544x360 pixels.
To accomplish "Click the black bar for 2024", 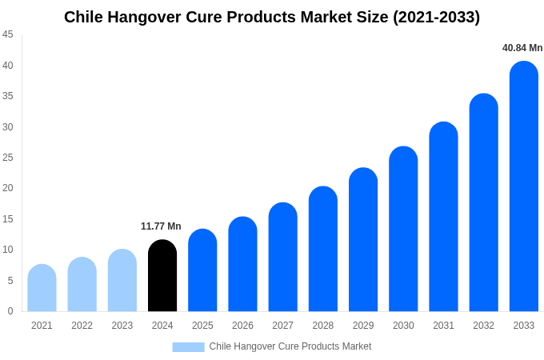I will click(x=162, y=276).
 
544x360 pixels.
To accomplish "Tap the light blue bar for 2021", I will click(x=42, y=288).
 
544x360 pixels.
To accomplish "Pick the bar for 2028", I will click(x=322, y=249).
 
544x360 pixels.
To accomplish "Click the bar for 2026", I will click(x=242, y=264).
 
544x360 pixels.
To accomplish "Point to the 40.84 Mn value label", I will click(x=522, y=48).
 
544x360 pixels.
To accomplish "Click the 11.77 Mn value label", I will click(x=161, y=226).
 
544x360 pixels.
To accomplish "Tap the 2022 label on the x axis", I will click(x=82, y=326).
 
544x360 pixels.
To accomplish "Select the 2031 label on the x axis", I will click(x=443, y=326).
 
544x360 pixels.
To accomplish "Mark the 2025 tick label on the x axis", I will click(x=202, y=326).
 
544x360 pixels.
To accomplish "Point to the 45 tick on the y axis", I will click(x=8, y=34).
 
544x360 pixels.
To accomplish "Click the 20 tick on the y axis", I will click(x=8, y=188).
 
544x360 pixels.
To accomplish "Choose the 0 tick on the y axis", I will click(x=10, y=311).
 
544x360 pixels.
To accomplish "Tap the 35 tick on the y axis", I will click(x=8, y=96).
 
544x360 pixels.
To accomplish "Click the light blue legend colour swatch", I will click(x=188, y=347).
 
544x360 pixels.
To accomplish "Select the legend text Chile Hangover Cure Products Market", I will click(x=290, y=346).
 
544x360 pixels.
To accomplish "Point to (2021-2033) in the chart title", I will click(x=436, y=17).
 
